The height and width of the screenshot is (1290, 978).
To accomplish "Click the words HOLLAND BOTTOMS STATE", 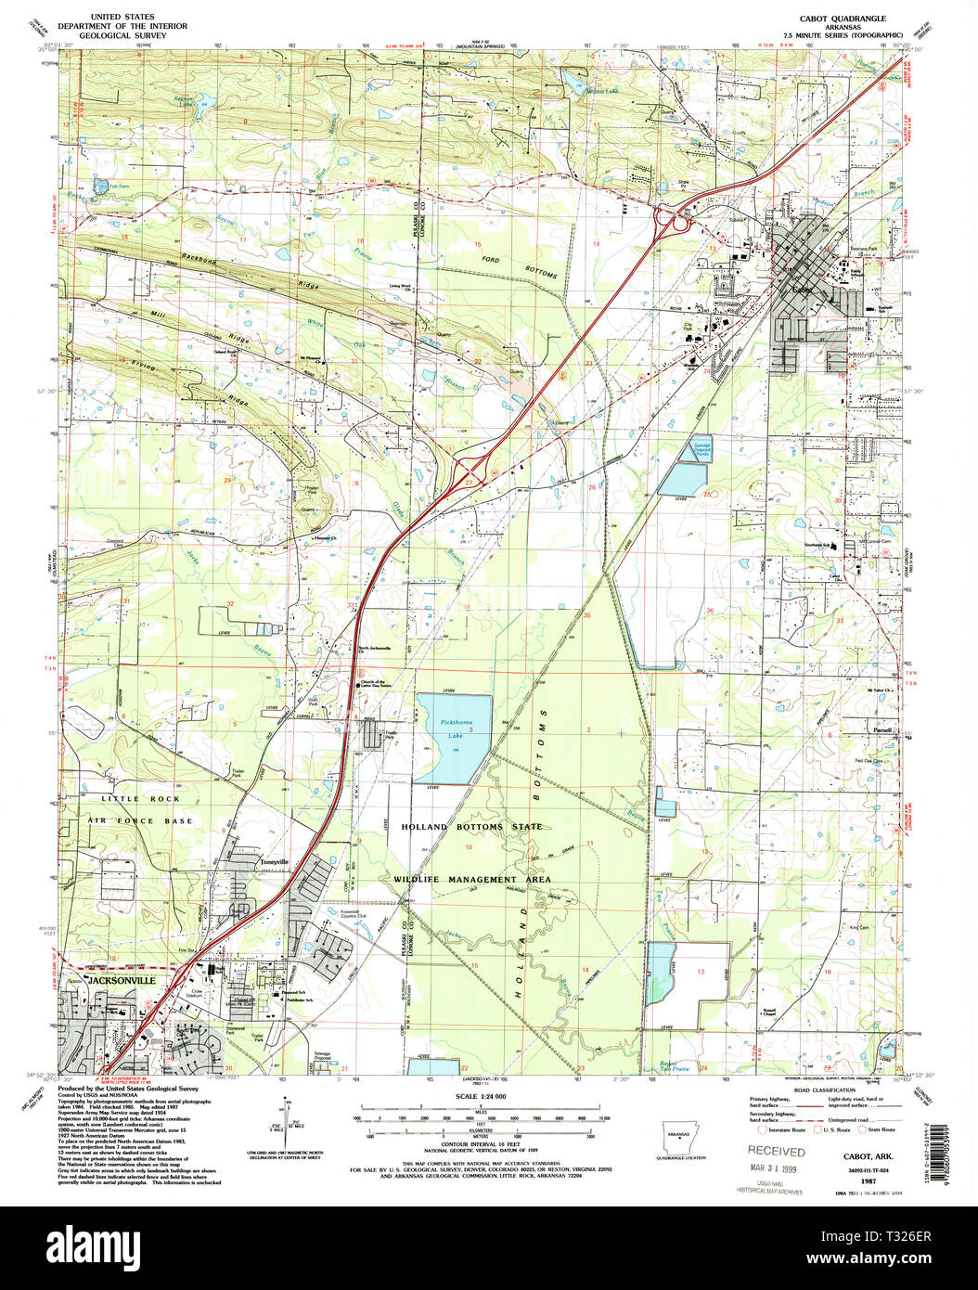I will tap(472, 826).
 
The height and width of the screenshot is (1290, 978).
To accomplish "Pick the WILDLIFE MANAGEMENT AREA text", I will tap(471, 879).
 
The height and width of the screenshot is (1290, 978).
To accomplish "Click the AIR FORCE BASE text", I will tap(141, 820).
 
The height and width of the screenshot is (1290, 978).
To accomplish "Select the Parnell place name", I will tap(882, 730).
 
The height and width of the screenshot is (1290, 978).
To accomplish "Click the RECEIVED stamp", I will tap(777, 1152).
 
